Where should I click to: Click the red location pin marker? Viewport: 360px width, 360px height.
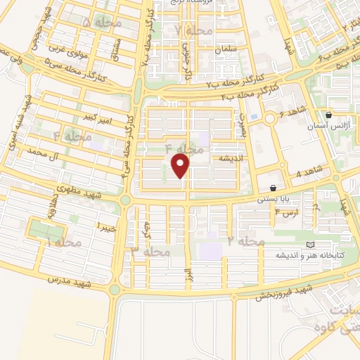(181, 166)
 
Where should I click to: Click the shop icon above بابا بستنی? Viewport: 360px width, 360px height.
(273, 188)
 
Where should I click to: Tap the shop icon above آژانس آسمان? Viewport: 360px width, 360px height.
(328, 115)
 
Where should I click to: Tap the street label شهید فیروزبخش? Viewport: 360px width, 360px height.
(284, 292)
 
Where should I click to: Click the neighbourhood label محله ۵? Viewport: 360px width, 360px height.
(103, 24)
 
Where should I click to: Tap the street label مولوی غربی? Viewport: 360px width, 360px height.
(66, 49)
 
